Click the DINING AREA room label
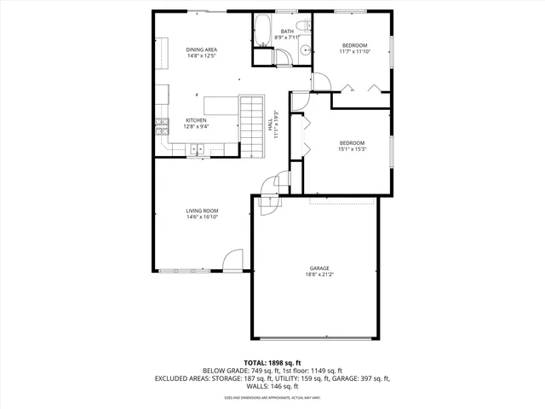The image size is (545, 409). point(202,50)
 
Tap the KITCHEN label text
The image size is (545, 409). point(197,120)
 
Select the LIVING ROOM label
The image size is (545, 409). point(203,210)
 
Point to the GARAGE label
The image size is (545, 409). point(319,268)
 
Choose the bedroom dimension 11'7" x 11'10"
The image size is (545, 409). point(355,51)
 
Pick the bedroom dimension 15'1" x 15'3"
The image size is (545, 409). point(352,149)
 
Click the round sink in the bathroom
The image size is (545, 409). point(302,52)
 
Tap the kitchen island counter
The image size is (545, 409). point(220,107)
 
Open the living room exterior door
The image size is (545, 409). point(232,261)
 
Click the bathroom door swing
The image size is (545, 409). point(286,56)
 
